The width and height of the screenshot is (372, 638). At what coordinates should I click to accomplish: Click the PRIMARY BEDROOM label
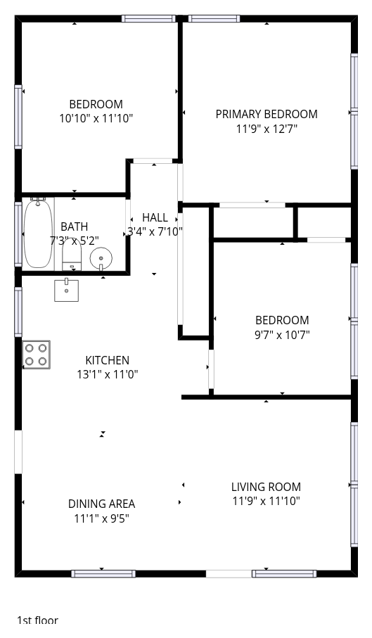click(x=267, y=115)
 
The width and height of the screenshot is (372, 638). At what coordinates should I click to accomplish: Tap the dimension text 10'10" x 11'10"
click(x=96, y=119)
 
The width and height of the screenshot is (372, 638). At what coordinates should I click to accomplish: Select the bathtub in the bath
click(x=38, y=233)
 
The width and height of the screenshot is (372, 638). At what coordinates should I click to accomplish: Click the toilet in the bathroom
click(x=72, y=258)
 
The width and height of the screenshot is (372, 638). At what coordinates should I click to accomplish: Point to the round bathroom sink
click(x=101, y=258)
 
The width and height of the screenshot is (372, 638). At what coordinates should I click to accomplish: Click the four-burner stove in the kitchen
click(x=36, y=355)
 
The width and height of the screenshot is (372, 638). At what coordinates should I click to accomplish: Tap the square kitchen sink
click(x=66, y=290)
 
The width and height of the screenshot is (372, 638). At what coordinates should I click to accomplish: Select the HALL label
click(x=155, y=217)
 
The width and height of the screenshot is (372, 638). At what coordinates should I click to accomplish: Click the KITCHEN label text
click(x=108, y=361)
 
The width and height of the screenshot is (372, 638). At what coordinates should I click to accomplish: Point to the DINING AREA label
click(x=102, y=504)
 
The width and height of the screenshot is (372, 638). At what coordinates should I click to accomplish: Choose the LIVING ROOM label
click(x=266, y=487)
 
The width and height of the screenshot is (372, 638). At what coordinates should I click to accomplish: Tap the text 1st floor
click(x=37, y=620)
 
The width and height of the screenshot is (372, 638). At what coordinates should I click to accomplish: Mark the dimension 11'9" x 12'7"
click(x=267, y=129)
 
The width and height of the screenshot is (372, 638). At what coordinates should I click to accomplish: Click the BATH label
click(x=74, y=227)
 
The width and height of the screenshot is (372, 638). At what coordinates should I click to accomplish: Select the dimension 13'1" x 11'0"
click(x=108, y=374)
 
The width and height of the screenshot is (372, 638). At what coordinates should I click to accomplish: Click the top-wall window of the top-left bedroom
click(x=148, y=19)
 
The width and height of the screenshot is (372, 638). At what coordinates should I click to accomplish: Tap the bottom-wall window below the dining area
click(x=103, y=574)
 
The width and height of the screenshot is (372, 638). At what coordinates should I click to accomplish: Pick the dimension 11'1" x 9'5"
click(x=102, y=519)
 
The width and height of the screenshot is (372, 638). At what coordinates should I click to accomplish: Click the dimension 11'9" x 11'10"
click(x=267, y=501)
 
